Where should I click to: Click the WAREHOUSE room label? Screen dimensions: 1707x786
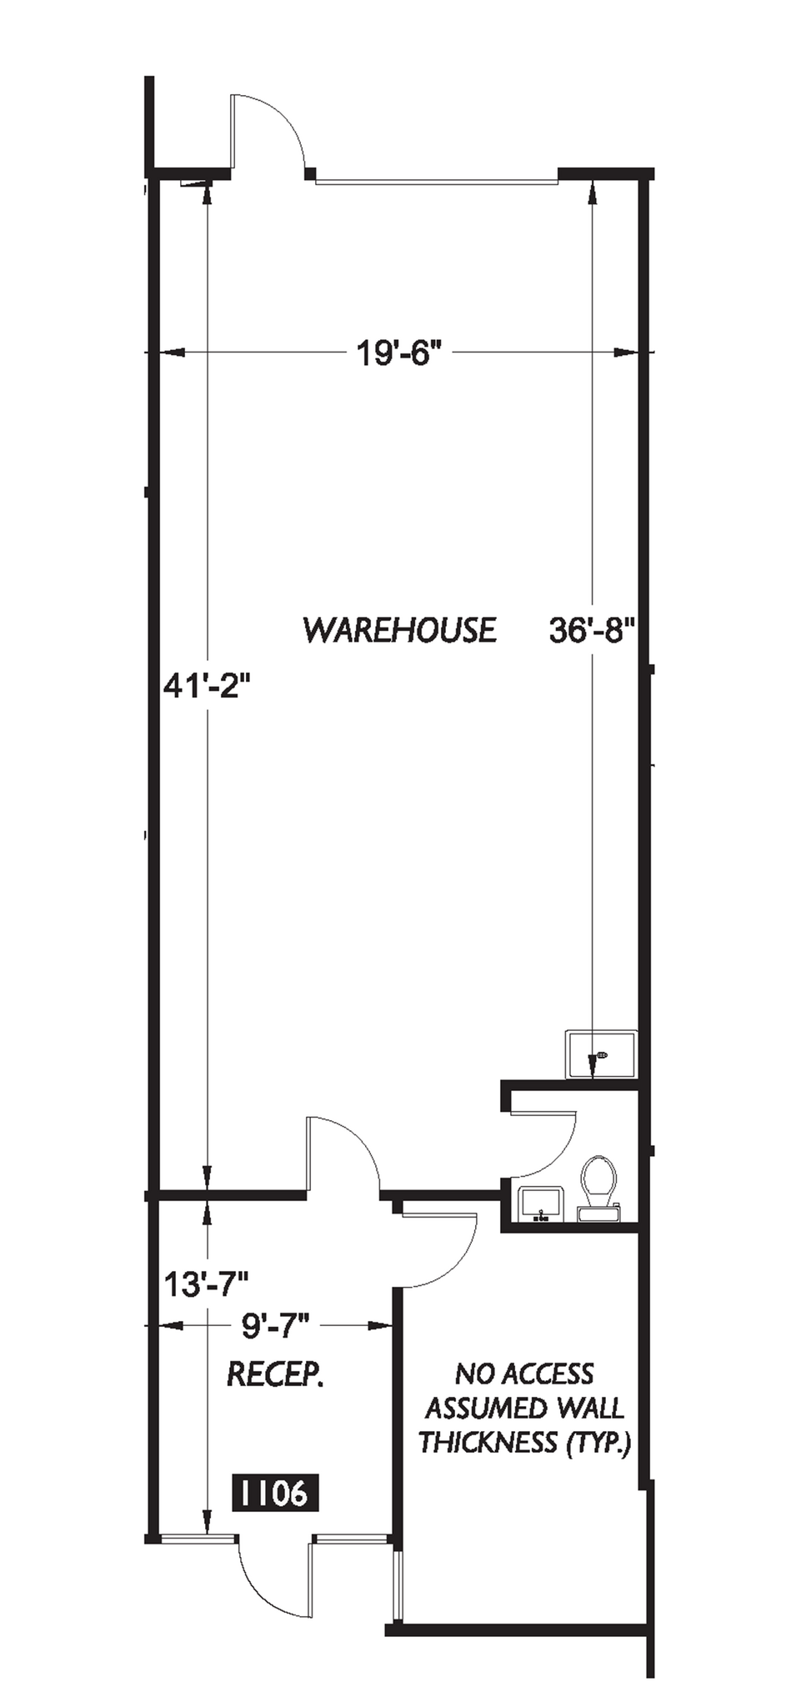pos(399,630)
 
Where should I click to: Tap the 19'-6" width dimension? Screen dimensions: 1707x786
pos(398,354)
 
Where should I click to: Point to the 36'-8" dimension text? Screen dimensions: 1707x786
pos(593,630)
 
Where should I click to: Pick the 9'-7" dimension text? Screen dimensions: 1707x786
pos(275,1324)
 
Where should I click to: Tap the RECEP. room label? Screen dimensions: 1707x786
pos(275,1374)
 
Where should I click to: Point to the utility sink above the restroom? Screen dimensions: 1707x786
pos(601,1055)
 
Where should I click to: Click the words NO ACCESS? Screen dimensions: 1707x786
pos(524,1374)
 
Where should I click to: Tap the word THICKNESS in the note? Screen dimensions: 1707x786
pos(488,1442)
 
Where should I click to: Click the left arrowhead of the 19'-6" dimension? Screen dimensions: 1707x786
pos(171,354)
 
